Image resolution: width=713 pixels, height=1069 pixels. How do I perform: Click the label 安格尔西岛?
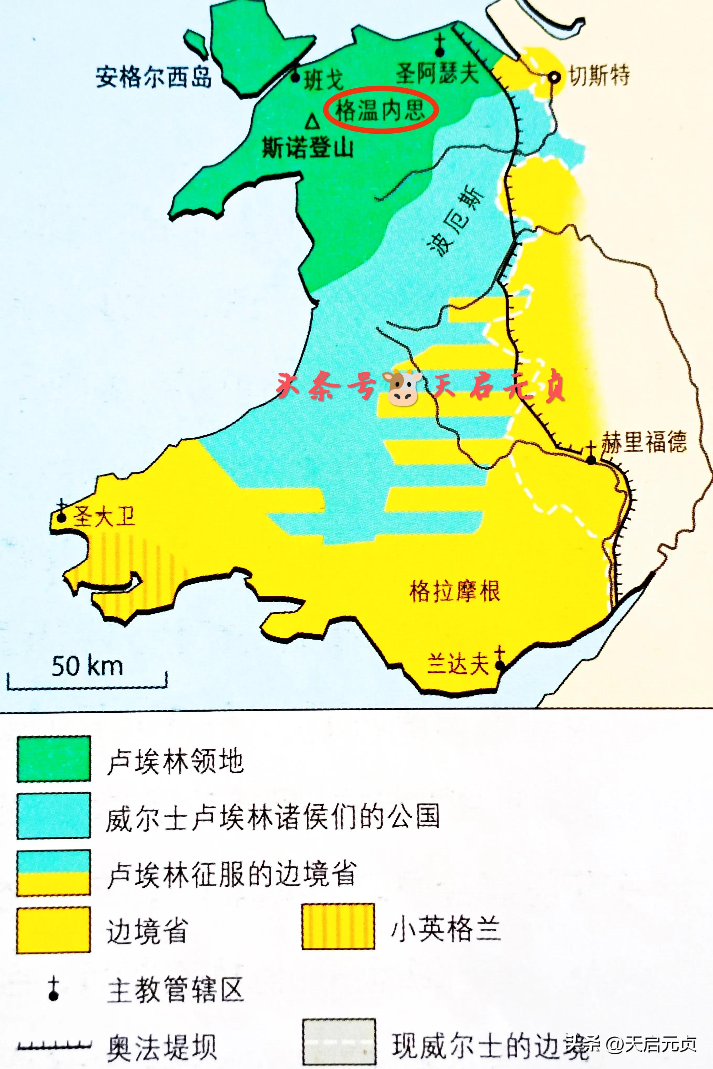pyautogui.click(x=154, y=77)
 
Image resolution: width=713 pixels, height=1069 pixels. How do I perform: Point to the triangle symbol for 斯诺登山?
pyautogui.click(x=312, y=122)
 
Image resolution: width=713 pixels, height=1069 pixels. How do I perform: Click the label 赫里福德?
pyautogui.click(x=644, y=442)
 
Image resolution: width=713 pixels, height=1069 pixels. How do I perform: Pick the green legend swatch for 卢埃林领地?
pyautogui.click(x=54, y=760)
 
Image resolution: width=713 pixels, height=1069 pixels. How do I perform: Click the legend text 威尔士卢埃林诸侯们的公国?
pyautogui.click(x=273, y=817)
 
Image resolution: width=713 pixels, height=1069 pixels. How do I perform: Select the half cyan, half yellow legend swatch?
pyautogui.click(x=54, y=873)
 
